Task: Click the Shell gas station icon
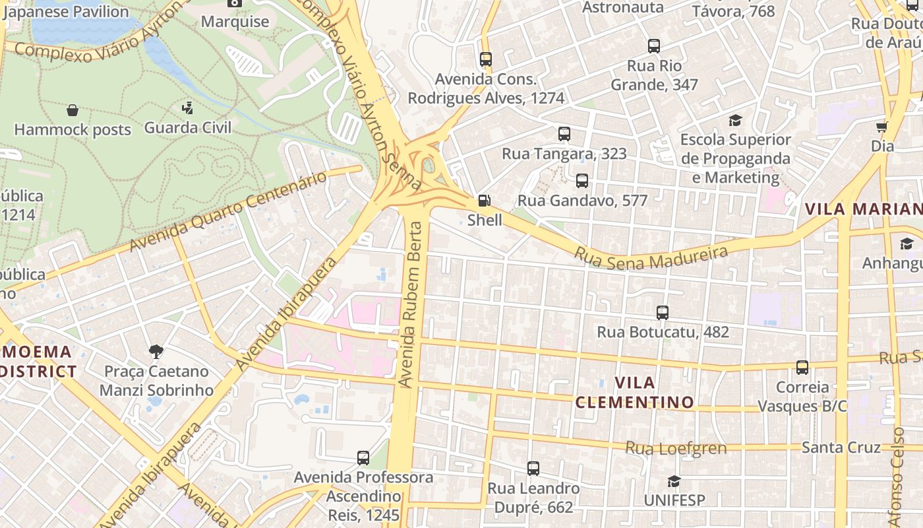[x=484, y=200]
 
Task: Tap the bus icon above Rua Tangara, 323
[x=564, y=134]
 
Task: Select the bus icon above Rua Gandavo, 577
[x=581, y=180]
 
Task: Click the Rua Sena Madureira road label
[x=651, y=257]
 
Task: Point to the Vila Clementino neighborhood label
[x=634, y=392]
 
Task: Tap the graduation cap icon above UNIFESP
[x=673, y=481]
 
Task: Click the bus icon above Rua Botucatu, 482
[x=663, y=312]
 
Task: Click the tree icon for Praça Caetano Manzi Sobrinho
[x=156, y=351]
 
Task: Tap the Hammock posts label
[x=73, y=130]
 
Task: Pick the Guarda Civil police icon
[x=188, y=108]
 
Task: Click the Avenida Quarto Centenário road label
[x=227, y=211]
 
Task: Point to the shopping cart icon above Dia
[x=881, y=127]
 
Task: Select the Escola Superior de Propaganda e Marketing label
[x=735, y=158]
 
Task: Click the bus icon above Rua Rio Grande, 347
[x=653, y=46]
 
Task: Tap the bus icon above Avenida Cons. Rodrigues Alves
[x=486, y=59]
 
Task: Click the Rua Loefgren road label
[x=676, y=449]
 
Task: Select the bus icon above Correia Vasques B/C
[x=802, y=368]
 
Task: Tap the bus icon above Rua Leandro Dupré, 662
[x=533, y=469]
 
